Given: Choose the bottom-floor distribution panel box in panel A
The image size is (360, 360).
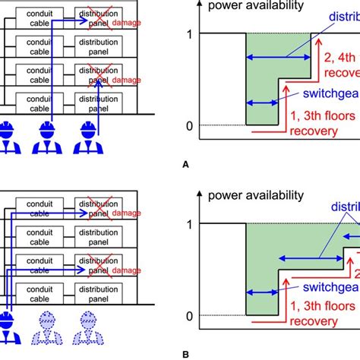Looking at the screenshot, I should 96,102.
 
